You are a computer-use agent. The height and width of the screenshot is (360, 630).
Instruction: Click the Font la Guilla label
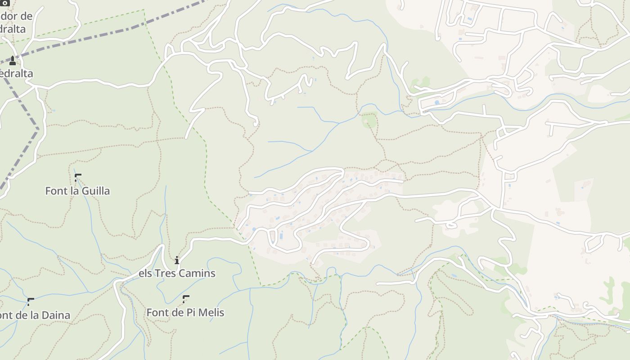coord(77,191)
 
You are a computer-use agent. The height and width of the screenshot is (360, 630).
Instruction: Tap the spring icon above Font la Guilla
coord(78,177)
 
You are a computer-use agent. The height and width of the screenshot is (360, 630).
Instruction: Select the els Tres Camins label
coord(177,273)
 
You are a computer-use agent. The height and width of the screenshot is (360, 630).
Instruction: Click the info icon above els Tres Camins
coord(177,260)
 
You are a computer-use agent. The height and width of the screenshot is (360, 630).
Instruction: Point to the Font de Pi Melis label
coord(185,312)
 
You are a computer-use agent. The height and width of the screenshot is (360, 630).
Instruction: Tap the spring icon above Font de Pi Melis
coord(185,299)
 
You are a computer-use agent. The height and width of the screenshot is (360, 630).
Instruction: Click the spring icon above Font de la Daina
coord(30,301)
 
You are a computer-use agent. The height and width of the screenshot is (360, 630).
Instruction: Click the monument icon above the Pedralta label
coord(13,60)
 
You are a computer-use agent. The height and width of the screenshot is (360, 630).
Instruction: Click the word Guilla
coord(95,191)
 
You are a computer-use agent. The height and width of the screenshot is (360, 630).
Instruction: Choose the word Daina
coord(57,315)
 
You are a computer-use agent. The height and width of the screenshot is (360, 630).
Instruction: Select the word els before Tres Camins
coord(145,273)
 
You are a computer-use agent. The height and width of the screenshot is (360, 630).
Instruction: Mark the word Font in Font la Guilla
coord(55,191)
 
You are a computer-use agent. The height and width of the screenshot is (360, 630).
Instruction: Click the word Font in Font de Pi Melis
coord(157,312)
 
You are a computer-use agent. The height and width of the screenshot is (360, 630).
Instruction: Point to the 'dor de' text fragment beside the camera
coord(16,17)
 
